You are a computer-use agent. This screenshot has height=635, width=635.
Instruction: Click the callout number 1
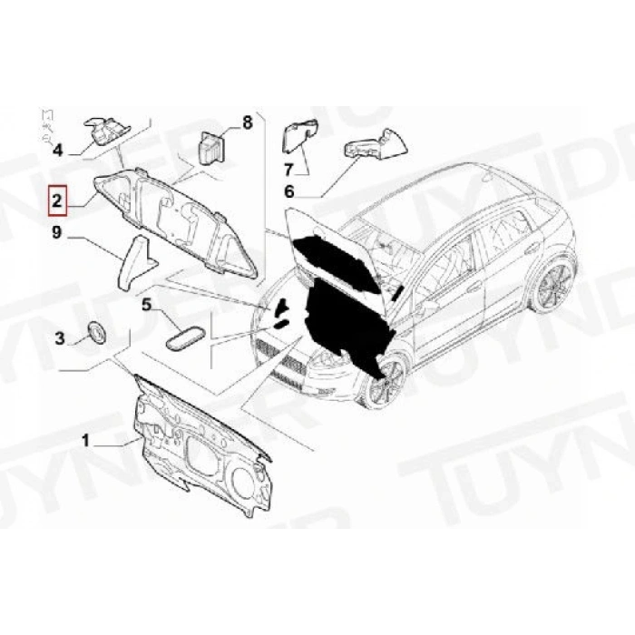[x=87, y=441]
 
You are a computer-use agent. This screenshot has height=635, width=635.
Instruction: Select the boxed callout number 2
[x=57, y=199]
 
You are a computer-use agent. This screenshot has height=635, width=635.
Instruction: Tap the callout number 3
[x=60, y=339]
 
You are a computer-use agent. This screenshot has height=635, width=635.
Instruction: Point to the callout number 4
[x=57, y=151]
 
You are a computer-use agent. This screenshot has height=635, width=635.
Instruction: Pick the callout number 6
[x=289, y=191]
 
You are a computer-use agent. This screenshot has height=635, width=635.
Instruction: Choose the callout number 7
[x=289, y=169]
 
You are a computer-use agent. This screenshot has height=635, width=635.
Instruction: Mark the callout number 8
[x=245, y=122]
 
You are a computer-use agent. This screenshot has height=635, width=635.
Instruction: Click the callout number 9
[x=56, y=234]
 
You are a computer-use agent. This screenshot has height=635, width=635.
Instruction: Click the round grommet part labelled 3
[x=95, y=332]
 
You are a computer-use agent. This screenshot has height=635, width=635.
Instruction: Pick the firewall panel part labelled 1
[x=200, y=444]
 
